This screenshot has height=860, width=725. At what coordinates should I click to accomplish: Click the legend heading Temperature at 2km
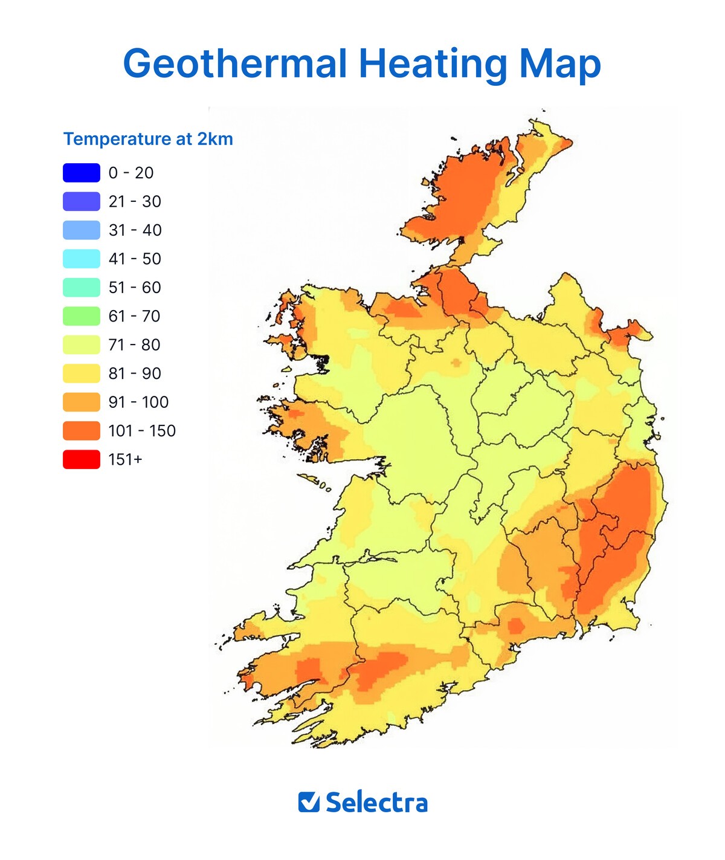pos(148,139)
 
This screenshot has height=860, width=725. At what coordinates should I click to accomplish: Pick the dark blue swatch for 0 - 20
pos(82,173)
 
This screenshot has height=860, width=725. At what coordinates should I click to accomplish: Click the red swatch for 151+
pos(82,459)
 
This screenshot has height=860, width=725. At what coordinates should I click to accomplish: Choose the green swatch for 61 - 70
pos(82,316)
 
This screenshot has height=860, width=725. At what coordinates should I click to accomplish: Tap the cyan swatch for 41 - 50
pos(82,259)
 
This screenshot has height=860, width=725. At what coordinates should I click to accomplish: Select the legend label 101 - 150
pos(142,431)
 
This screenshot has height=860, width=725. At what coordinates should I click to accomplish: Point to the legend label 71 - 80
pos(134,345)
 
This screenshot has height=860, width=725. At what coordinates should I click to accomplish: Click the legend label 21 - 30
pos(134,202)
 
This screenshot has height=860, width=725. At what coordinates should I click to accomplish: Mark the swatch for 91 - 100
pos(82,402)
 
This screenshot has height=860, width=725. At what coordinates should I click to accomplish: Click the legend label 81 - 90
pos(134,373)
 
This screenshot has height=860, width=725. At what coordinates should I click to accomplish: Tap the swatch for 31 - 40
pos(82,230)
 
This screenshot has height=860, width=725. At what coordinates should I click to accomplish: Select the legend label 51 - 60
pos(134,288)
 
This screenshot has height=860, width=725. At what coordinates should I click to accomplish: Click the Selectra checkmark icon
pos(309,802)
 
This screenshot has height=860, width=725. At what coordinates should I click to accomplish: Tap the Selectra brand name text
pos(376,803)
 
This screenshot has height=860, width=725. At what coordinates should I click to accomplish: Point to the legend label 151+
pos(125,459)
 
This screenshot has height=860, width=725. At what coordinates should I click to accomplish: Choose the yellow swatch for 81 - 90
pos(82,373)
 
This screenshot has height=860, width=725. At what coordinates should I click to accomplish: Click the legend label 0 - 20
pos(130,173)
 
